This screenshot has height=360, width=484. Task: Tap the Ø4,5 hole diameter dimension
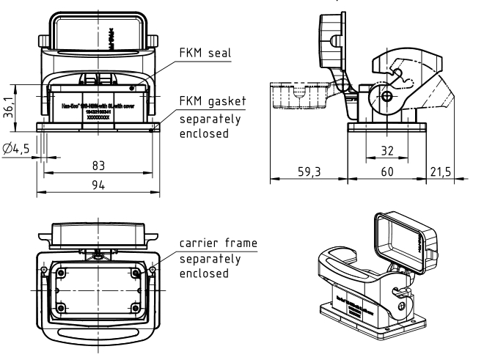[x=16, y=149]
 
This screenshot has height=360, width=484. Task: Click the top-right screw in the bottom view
[x=136, y=273]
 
